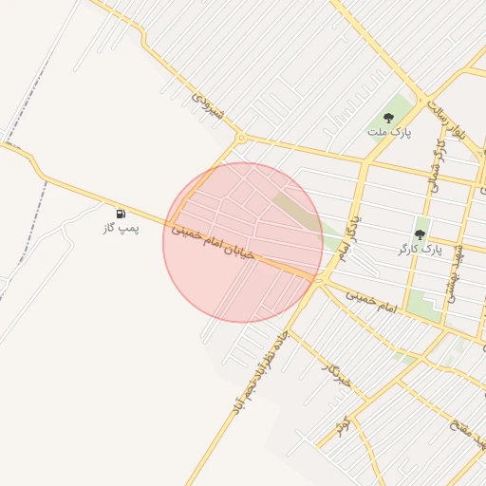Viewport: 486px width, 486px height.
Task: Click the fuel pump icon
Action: pos(121,215)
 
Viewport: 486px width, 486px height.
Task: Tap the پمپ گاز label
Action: pos(121,229)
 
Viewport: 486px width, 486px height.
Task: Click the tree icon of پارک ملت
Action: pos(388,119)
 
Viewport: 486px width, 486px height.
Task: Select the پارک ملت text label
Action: pos(389,133)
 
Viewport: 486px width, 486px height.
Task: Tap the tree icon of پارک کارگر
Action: pos(420,234)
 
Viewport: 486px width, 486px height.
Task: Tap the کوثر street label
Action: pos(342,425)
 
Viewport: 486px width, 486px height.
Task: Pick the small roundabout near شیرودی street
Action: pos(241,139)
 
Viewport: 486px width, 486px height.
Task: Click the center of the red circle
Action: pos(243,242)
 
